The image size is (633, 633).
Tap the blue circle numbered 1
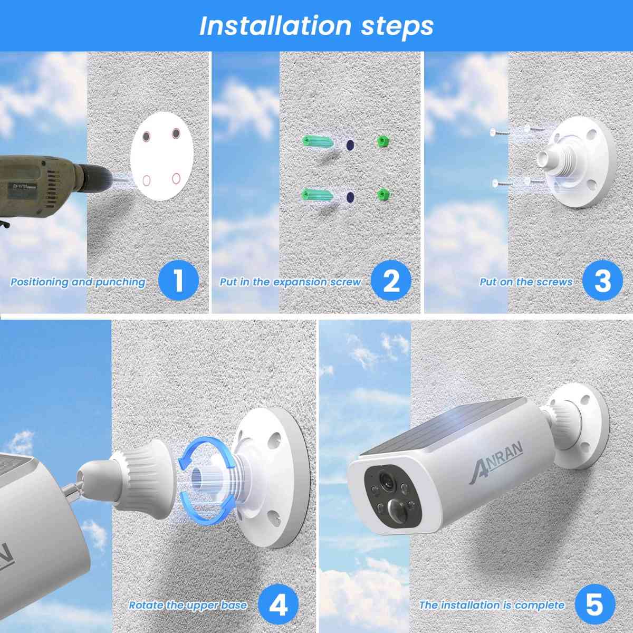tap(178, 280)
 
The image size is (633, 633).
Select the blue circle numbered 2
tap(391, 280)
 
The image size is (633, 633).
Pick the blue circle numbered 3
tap(602, 280)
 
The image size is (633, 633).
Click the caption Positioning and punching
tap(78, 282)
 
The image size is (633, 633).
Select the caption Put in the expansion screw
tap(290, 282)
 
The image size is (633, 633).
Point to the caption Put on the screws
tap(525, 282)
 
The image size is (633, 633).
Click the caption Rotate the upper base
tap(188, 605)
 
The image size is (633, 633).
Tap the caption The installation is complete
tap(492, 605)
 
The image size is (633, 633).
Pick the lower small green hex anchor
tap(383, 195)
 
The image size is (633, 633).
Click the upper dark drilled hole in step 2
tap(349, 143)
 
